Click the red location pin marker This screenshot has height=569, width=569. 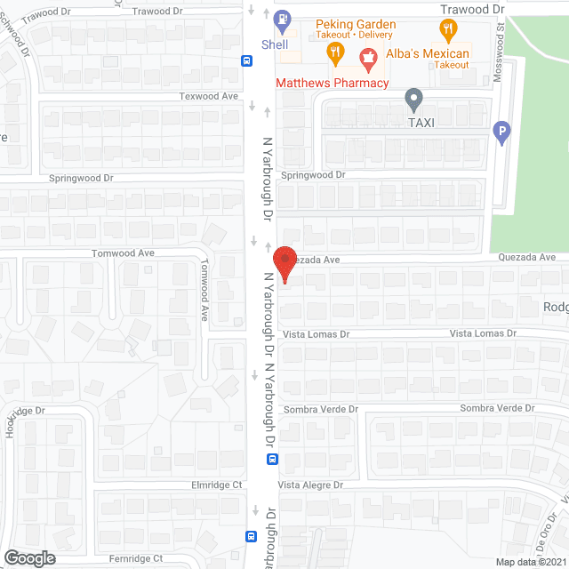click(x=284, y=264)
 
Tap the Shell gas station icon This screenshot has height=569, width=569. click(x=283, y=18)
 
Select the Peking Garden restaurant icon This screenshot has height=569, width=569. click(x=335, y=52)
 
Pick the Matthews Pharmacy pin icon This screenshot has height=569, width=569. click(x=365, y=61)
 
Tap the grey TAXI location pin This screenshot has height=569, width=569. click(x=413, y=99)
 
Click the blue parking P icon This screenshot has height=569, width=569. click(x=501, y=133)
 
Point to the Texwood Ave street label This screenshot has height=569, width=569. click(x=210, y=96)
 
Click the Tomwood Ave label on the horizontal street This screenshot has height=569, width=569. click(x=124, y=253)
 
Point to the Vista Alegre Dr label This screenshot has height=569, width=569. click(x=311, y=485)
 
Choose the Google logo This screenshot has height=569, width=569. click(x=28, y=557)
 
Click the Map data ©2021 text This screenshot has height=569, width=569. click(x=530, y=562)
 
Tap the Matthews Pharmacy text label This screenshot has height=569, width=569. click(x=333, y=83)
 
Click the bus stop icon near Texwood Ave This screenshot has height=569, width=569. click(x=246, y=60)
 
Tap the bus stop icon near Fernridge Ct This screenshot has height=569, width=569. click(x=252, y=536)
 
